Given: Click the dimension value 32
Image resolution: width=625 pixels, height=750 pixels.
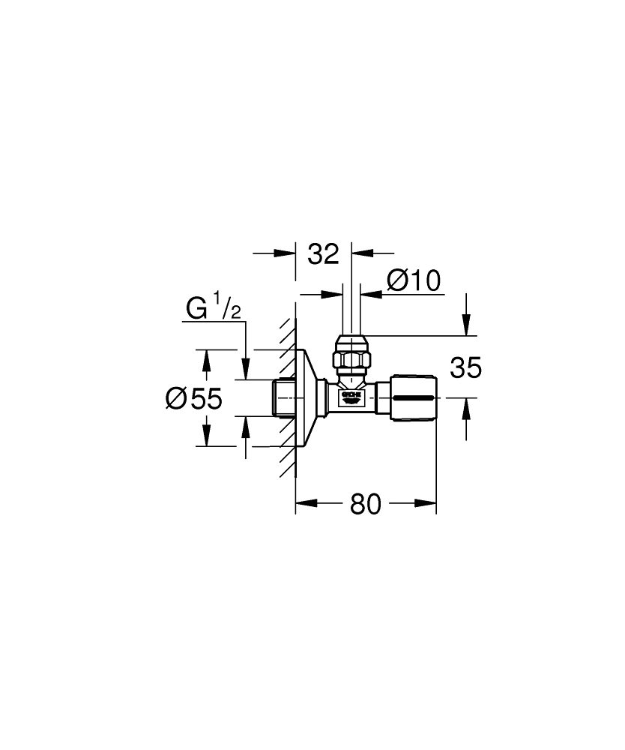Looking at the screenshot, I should [324, 253].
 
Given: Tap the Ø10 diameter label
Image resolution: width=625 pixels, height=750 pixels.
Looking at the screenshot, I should [413, 281].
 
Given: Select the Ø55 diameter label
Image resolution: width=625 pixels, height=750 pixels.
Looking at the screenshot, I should [194, 398].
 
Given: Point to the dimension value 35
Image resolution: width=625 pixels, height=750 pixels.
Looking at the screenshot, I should [465, 368].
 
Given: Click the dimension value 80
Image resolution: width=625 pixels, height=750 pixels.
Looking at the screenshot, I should [366, 505].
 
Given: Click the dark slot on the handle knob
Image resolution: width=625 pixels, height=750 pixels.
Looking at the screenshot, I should [414, 397].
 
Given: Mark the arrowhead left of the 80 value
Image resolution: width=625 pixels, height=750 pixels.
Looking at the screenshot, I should [303, 504].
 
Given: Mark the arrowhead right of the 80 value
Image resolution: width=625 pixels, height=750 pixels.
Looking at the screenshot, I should [429, 504].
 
